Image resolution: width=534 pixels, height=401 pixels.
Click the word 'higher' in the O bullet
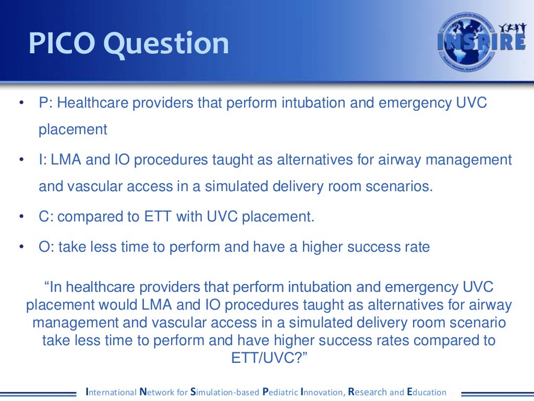point(324,247)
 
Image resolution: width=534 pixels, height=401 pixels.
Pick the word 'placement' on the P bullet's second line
point(73,129)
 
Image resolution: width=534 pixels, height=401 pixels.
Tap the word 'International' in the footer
point(109,392)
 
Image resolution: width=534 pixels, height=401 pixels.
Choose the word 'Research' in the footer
point(368,392)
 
